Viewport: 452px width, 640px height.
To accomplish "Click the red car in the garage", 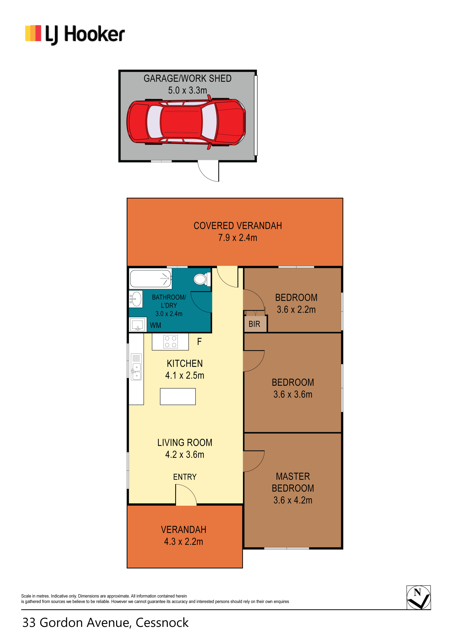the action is click(x=186, y=122).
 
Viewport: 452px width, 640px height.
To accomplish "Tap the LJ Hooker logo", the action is click(x=75, y=35).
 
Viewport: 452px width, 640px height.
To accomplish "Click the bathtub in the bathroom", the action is click(x=150, y=278).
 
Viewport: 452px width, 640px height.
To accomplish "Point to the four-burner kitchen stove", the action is click(x=171, y=341).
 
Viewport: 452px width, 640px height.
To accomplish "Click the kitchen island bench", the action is click(x=178, y=396).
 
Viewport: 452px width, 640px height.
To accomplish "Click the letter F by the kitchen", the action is click(x=199, y=341).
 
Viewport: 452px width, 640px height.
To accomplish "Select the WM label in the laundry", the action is click(x=156, y=325).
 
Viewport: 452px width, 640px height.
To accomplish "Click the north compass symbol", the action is click(x=419, y=598).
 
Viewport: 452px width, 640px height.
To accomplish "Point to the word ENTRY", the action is click(x=185, y=477).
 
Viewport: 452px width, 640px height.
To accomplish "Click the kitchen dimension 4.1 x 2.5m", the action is click(x=185, y=375).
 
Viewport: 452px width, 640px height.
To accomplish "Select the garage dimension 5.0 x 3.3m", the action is click(x=188, y=90).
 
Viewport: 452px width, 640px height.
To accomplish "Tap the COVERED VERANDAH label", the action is click(x=238, y=226).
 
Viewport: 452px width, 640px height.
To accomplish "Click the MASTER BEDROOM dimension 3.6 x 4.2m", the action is click(x=293, y=500).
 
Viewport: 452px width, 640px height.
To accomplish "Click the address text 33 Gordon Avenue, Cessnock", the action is click(x=105, y=623).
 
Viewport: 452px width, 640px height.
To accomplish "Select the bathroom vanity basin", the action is click(x=136, y=299).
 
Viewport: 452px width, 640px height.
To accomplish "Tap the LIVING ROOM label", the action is click(x=185, y=443).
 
